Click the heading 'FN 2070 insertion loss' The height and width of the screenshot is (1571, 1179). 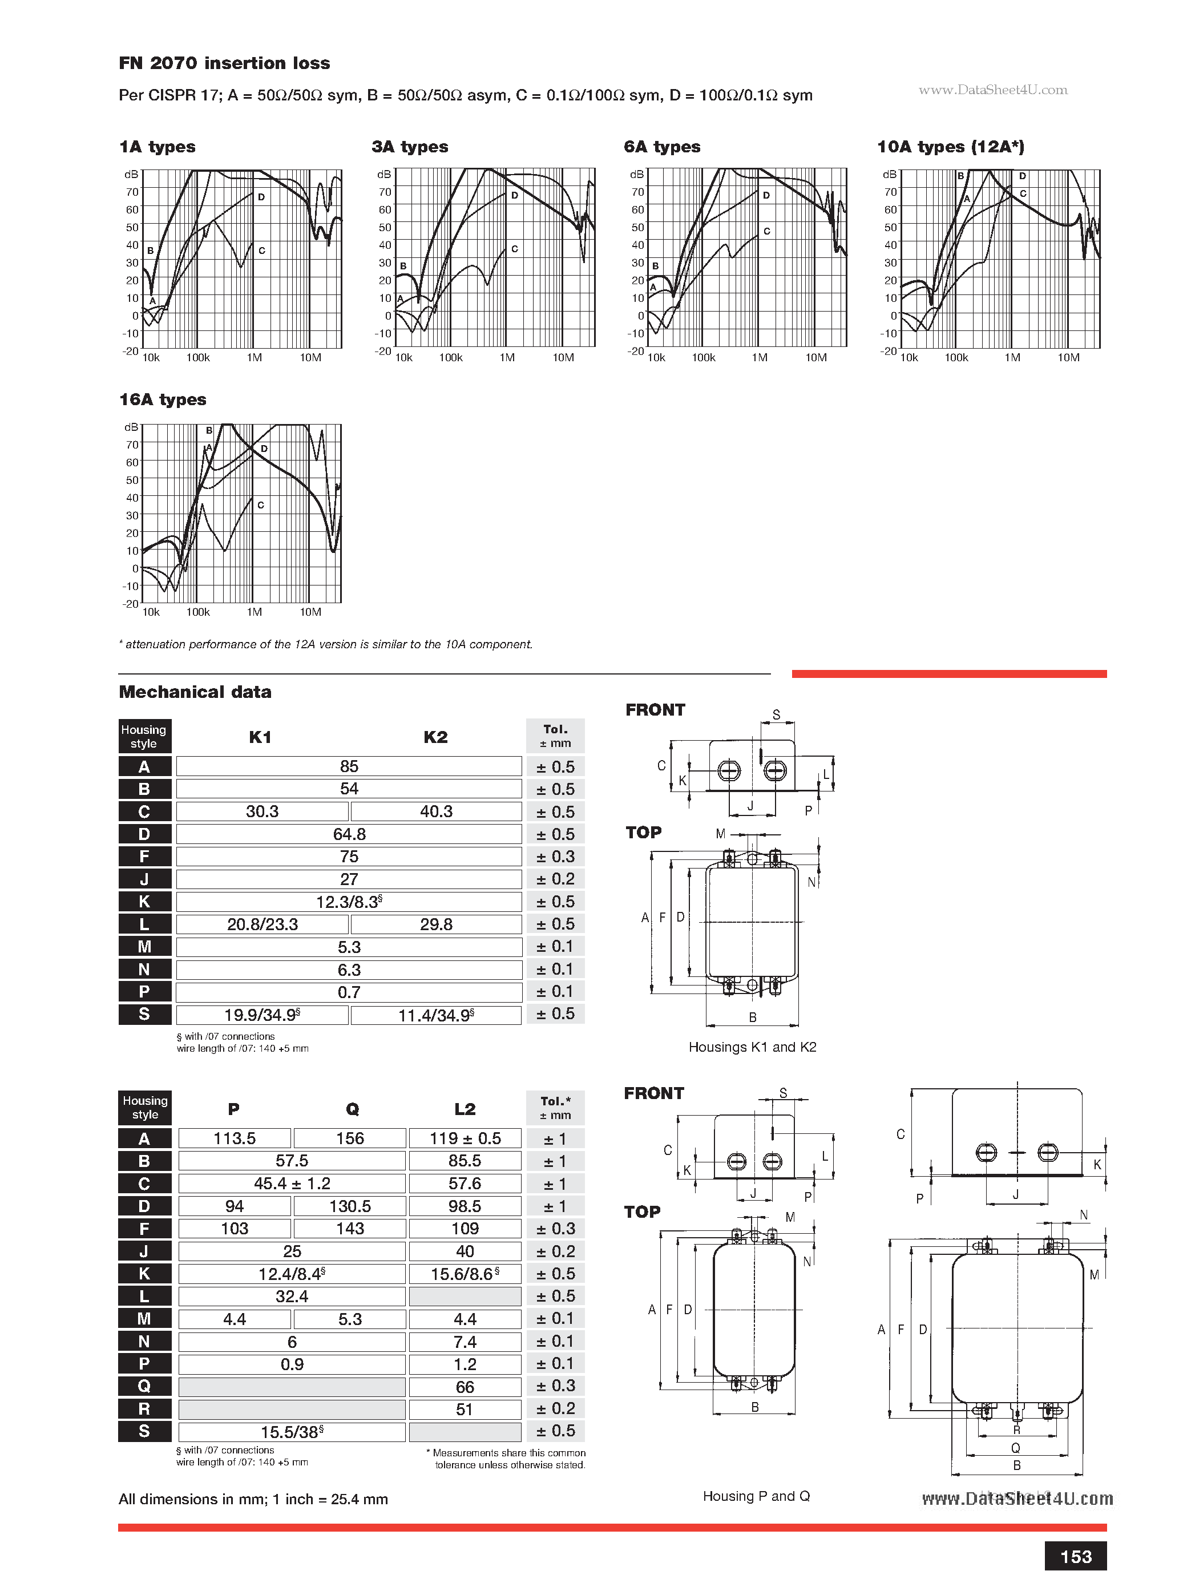tap(224, 63)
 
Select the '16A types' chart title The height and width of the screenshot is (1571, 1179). tap(163, 400)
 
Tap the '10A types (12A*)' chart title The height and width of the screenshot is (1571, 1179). tap(950, 147)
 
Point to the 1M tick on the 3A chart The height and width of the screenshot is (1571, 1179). tap(507, 358)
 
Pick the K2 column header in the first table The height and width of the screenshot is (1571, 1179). tap(435, 737)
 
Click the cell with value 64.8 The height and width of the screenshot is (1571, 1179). tap(349, 834)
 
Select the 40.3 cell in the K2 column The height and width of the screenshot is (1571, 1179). tap(436, 811)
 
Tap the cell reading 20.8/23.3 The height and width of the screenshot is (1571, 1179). tap(262, 924)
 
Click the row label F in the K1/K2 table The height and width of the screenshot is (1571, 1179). tap(144, 857)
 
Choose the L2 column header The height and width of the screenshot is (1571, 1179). tap(465, 1109)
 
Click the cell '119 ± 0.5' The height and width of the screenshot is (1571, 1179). tap(465, 1138)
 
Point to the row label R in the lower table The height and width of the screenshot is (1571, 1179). tap(144, 1409)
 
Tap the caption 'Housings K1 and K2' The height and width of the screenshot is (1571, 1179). tap(752, 1047)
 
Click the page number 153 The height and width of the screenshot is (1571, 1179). tap(1075, 1557)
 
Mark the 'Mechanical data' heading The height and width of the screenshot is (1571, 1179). tap(195, 692)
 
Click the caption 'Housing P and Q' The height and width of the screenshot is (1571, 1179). tap(756, 1496)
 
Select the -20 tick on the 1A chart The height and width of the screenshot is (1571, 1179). tap(130, 351)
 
